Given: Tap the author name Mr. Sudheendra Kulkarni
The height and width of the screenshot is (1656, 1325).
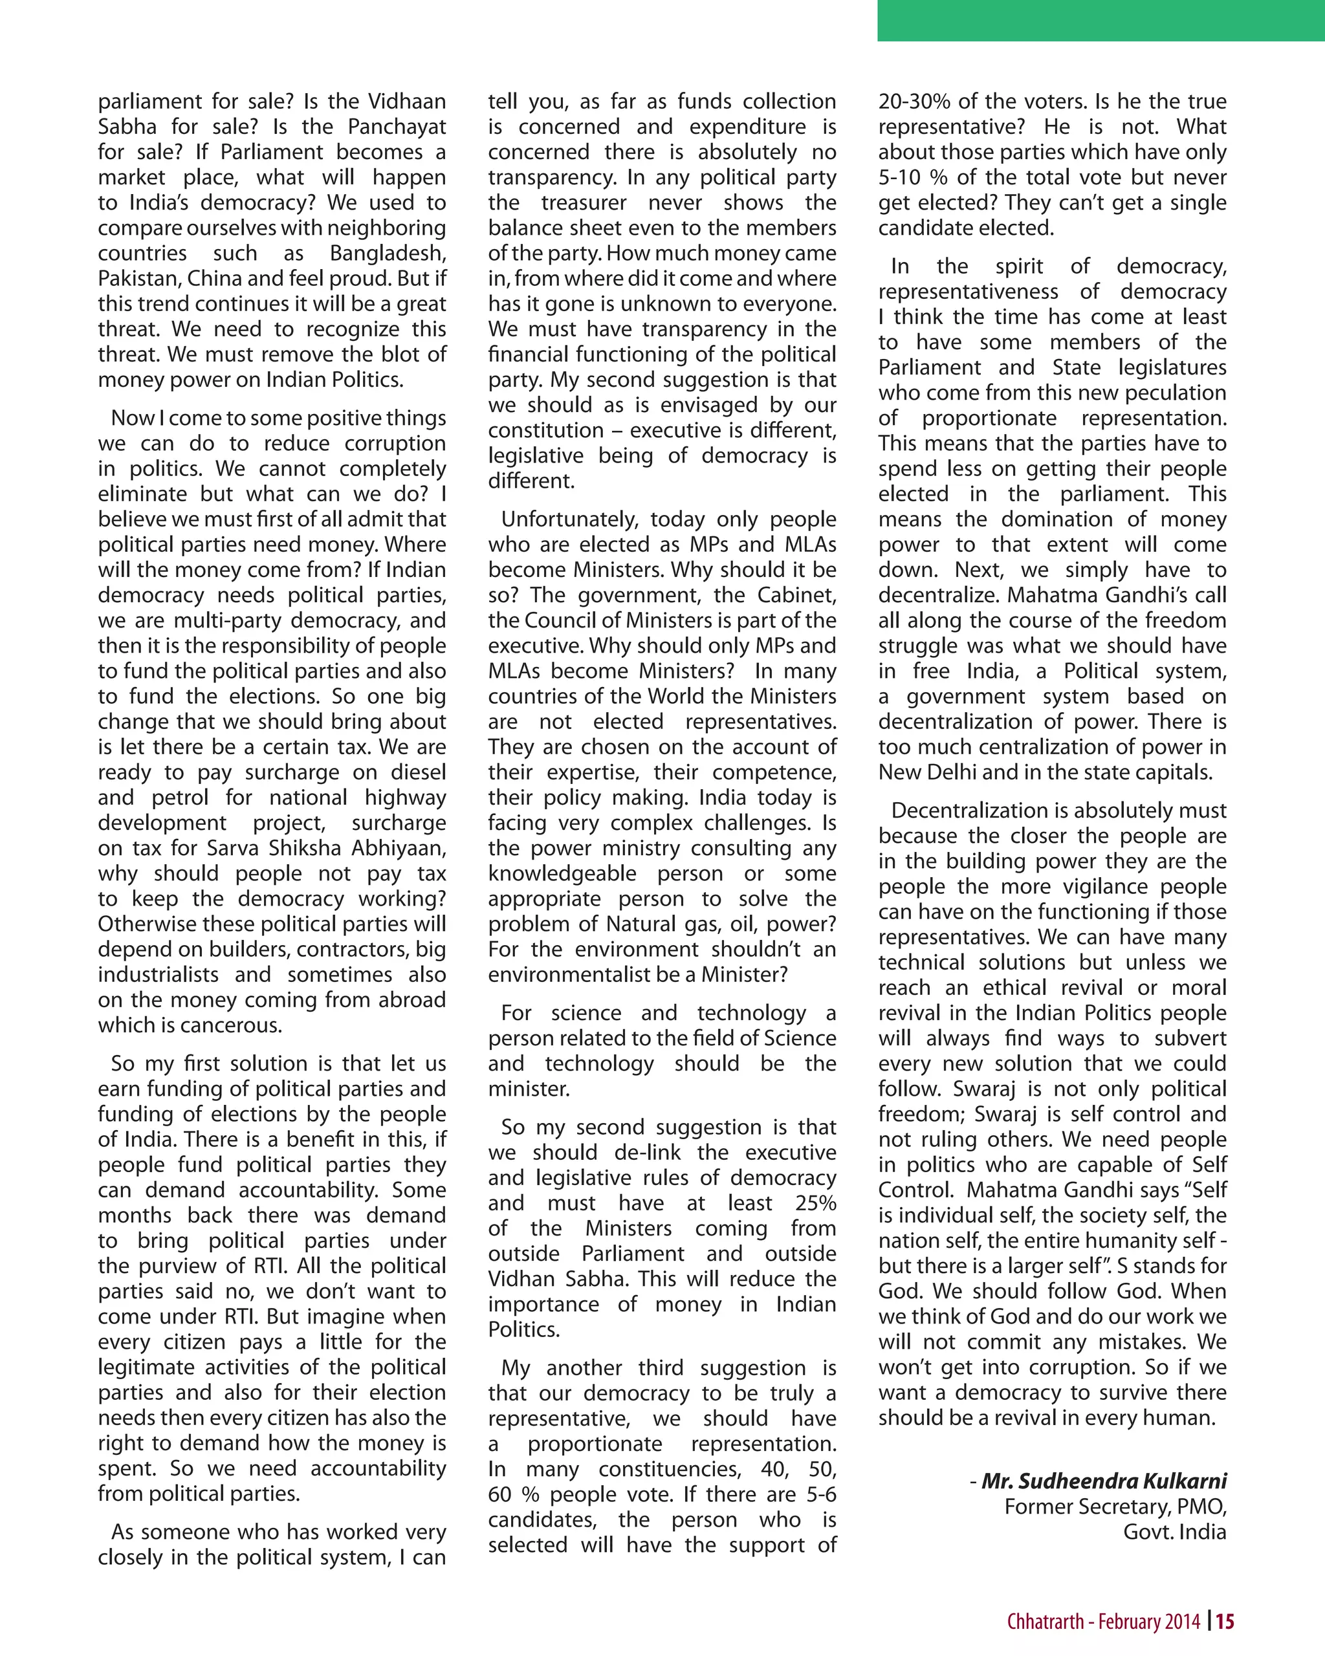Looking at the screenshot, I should [x=1104, y=1481].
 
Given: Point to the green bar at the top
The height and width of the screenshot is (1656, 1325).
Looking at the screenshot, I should [x=1101, y=20].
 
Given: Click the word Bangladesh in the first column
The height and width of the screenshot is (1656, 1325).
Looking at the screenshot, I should [x=388, y=254].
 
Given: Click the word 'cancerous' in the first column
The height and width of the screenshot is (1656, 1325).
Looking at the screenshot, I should [x=228, y=1025].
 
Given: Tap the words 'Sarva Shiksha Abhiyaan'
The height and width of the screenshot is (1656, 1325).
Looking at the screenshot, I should [x=327, y=848].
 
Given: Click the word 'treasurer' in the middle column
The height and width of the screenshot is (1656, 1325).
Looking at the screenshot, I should [x=584, y=202].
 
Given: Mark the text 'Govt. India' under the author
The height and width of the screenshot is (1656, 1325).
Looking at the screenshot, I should [x=1174, y=1532].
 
